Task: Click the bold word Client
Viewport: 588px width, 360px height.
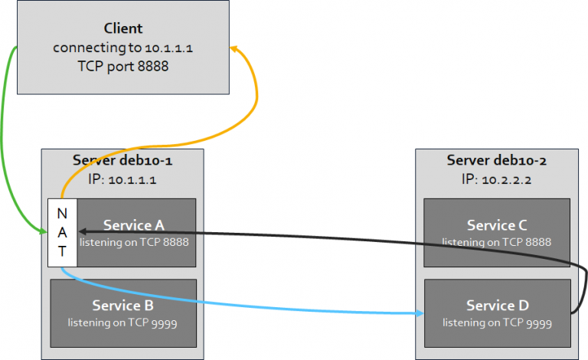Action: [123, 28]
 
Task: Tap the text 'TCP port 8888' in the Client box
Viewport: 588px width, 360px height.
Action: [123, 66]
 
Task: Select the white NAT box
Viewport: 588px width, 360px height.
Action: [62, 233]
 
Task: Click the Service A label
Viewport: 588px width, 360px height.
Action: [134, 225]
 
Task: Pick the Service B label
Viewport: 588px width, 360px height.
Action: [122, 305]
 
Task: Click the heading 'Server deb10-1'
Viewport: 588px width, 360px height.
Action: [122, 160]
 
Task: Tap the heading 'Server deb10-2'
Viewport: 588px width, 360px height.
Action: [496, 160]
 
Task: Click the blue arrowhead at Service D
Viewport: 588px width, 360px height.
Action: [420, 313]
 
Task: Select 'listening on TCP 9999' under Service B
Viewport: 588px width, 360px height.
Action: [122, 322]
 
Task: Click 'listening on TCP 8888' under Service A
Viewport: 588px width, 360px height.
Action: [134, 242]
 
